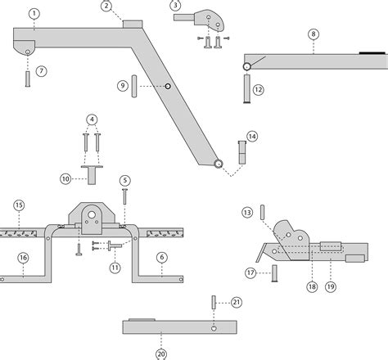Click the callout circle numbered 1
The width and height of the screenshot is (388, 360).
click(33, 14)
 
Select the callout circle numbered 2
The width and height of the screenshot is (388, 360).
click(106, 7)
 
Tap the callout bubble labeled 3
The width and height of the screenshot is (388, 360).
click(175, 7)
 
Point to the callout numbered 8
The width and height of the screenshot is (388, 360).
click(314, 34)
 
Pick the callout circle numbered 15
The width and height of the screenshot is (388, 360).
click(19, 205)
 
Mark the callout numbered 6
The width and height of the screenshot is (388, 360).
click(161, 257)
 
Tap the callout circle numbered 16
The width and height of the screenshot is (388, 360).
click(23, 258)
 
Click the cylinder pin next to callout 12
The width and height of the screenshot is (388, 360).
click(245, 89)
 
